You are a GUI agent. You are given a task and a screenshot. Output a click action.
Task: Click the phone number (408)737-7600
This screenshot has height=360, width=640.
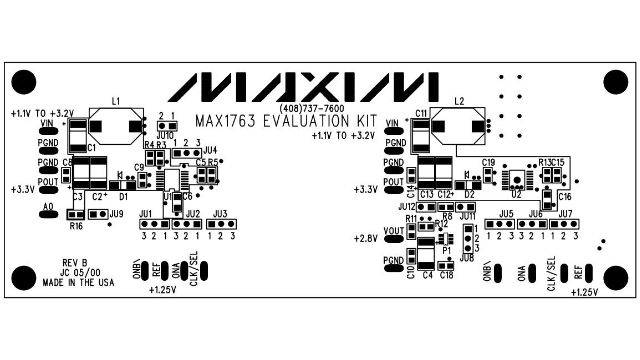[x=305, y=108]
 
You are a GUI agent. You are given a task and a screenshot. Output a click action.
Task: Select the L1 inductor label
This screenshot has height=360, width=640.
[x=116, y=101]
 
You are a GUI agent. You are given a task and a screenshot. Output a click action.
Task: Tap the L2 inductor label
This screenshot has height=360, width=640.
[x=459, y=101]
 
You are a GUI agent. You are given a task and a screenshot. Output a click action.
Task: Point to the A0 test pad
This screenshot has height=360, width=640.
[x=47, y=210]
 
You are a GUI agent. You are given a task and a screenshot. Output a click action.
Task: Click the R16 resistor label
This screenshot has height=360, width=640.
[x=76, y=227]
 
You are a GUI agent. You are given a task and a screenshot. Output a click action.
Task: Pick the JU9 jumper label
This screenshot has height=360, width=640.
[x=117, y=213]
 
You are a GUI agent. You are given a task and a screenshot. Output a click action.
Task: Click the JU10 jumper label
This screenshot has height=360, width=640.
[x=165, y=134]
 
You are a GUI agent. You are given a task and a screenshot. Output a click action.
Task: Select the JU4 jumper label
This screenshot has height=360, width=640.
[x=209, y=150]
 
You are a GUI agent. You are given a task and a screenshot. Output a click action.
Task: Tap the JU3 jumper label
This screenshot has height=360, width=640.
[x=220, y=214]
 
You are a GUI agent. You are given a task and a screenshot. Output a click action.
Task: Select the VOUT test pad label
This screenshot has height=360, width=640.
[x=394, y=231]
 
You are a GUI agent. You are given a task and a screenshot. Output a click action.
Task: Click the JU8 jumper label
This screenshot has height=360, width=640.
[x=466, y=258]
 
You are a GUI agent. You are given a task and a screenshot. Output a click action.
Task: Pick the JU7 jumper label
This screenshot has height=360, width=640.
[x=566, y=214]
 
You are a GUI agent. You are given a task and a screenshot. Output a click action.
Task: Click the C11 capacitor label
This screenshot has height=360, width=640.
[x=421, y=113]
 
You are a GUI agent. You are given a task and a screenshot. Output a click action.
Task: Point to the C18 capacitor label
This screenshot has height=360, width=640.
[x=446, y=275]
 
